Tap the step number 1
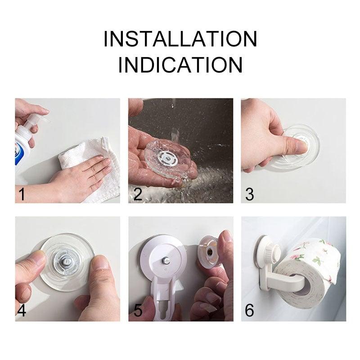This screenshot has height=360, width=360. (x=21, y=194)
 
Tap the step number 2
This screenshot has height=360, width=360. (x=137, y=194)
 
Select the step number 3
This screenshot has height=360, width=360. (x=250, y=194)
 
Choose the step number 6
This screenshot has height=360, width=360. (x=250, y=311)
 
